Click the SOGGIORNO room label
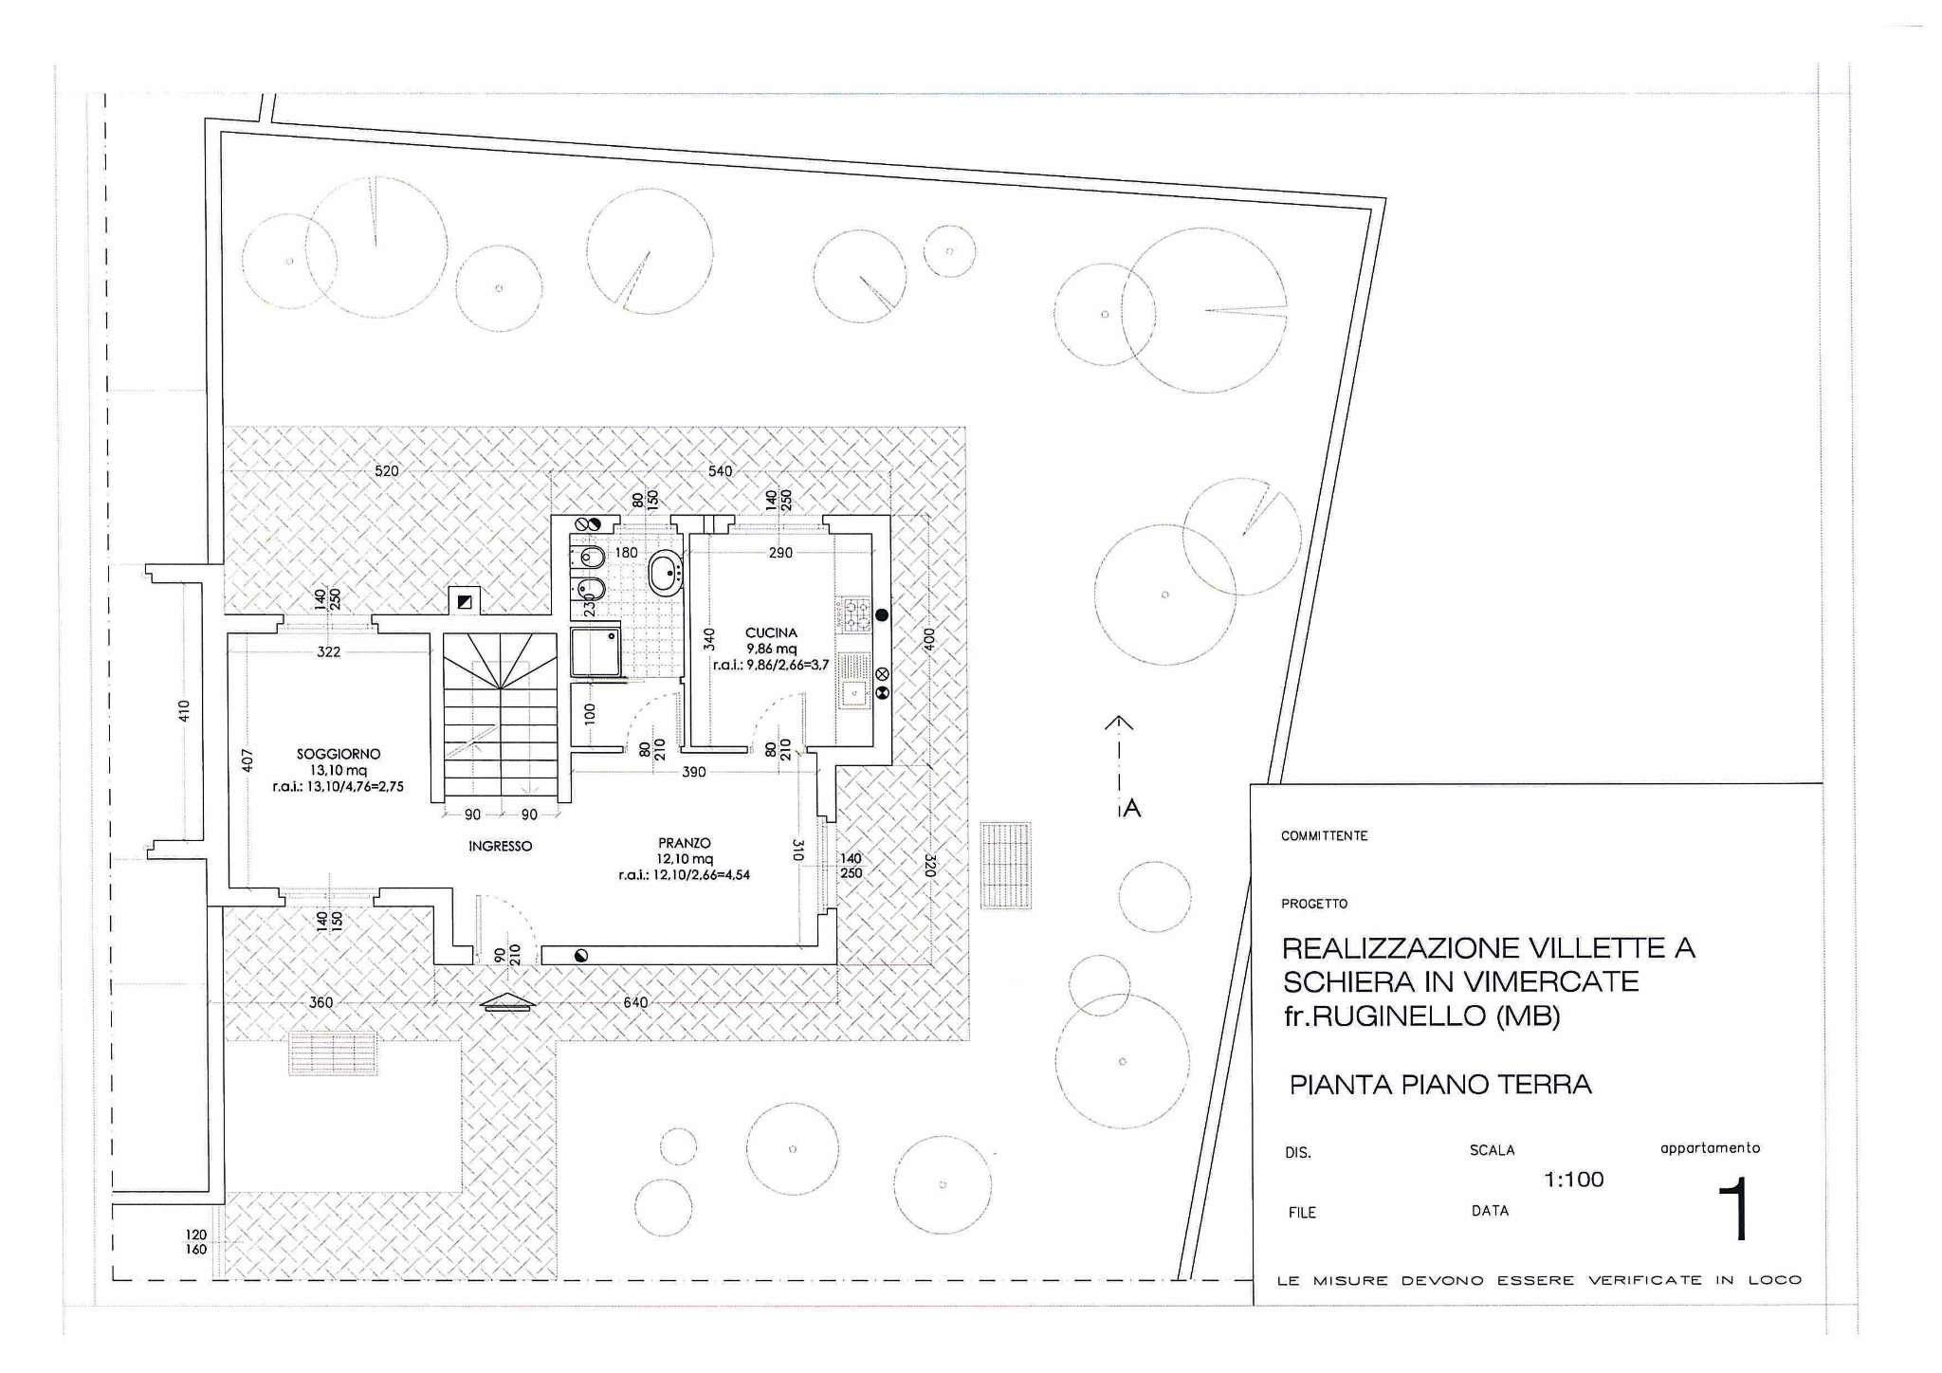(x=339, y=754)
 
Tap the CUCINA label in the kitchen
(x=771, y=632)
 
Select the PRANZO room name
(x=685, y=842)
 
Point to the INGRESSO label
(x=500, y=846)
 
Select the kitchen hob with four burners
(x=856, y=616)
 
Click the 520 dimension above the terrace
(x=387, y=471)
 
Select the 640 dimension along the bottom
(x=635, y=1002)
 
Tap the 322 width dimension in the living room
(x=328, y=652)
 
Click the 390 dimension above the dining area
(x=694, y=772)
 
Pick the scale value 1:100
(x=1574, y=1180)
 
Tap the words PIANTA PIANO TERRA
(x=1440, y=1085)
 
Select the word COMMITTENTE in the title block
(x=1324, y=836)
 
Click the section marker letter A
(x=1131, y=809)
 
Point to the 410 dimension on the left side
(x=184, y=710)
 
